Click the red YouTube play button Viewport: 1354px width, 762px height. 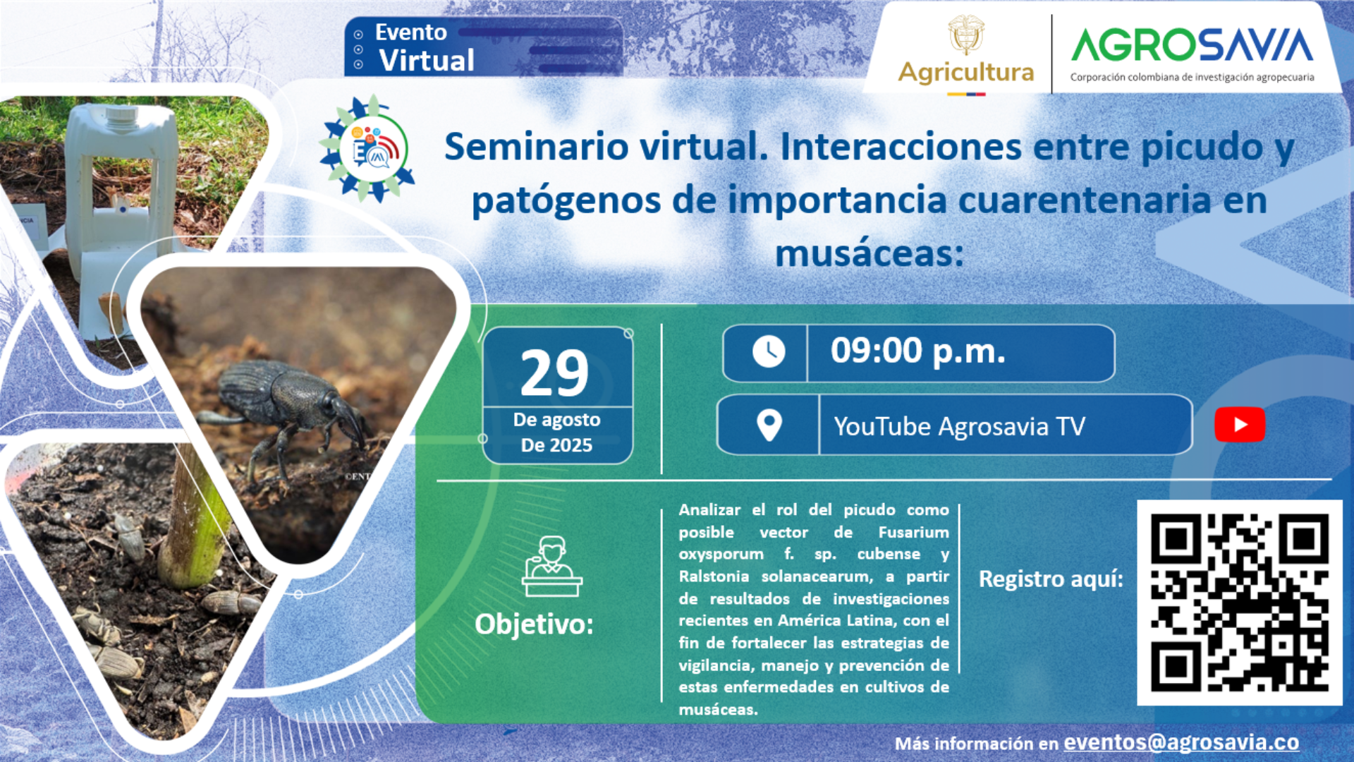click(1239, 425)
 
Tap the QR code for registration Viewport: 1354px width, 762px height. click(1239, 603)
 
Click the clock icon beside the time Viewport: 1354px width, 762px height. click(769, 351)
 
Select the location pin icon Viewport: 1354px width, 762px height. click(769, 425)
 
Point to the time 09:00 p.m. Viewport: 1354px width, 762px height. click(917, 351)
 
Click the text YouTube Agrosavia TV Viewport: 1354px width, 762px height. click(959, 426)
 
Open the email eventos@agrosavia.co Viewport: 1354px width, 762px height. click(1181, 742)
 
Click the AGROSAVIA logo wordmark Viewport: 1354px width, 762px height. click(1192, 44)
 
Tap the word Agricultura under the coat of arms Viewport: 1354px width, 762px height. click(966, 72)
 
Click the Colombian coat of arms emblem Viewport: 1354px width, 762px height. click(966, 34)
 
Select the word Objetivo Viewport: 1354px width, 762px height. click(534, 624)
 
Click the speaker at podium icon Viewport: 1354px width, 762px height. click(552, 567)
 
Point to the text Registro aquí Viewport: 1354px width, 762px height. click(1051, 579)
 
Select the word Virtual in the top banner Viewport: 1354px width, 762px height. click(427, 61)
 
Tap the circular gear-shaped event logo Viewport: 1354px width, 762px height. click(367, 148)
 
